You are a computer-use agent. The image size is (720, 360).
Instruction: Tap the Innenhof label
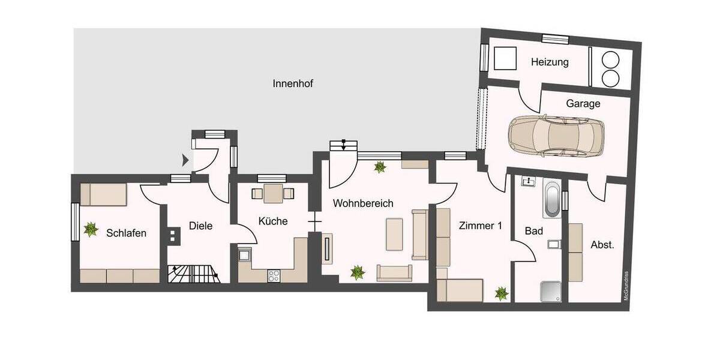pyautogui.click(x=293, y=83)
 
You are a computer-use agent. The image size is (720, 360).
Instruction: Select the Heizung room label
pyautogui.click(x=550, y=62)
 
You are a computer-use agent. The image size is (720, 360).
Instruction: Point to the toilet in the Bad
pyautogui.click(x=554, y=244)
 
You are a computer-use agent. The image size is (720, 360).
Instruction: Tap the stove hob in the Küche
pyautogui.click(x=274, y=275)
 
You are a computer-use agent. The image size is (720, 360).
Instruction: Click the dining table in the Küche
pyautogui.click(x=273, y=193)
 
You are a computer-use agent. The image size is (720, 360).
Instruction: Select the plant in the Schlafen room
pyautogui.click(x=91, y=229)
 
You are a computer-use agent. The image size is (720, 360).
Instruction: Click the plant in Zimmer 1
pyautogui.click(x=502, y=293)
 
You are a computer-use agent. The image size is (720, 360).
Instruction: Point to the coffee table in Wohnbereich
pyautogui.click(x=394, y=234)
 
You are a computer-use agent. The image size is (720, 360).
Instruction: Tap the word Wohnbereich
pyautogui.click(x=363, y=203)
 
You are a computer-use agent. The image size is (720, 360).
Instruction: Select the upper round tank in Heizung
pyautogui.click(x=611, y=59)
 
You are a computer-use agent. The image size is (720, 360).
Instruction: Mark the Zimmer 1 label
pyautogui.click(x=479, y=226)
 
